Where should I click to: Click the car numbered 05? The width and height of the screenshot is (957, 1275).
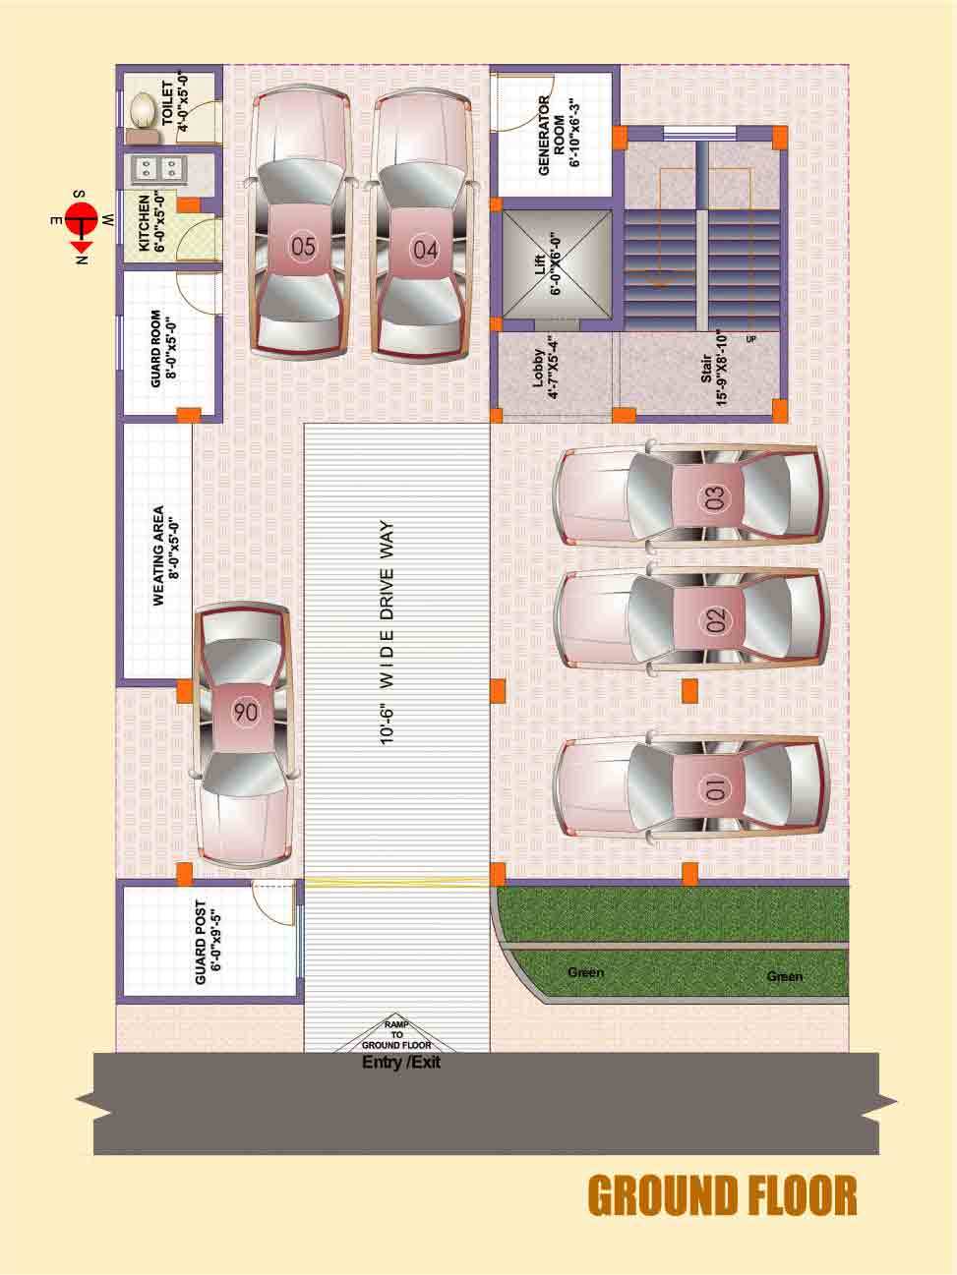click(x=302, y=222)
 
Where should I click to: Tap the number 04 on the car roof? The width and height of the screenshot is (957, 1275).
click(x=425, y=250)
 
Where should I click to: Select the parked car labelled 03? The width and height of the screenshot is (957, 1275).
click(x=691, y=496)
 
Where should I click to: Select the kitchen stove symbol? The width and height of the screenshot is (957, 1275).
click(x=156, y=169)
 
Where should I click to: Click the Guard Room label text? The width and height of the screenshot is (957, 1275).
click(x=163, y=348)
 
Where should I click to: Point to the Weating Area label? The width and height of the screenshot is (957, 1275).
click(x=166, y=555)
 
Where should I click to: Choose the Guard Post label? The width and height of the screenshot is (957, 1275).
click(x=208, y=942)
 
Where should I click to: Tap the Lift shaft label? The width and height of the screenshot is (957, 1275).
click(x=548, y=264)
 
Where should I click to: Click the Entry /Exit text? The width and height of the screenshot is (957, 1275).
click(x=401, y=1063)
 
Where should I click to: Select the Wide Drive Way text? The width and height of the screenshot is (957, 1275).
click(x=387, y=632)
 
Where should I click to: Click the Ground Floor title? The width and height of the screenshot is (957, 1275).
click(x=722, y=1195)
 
